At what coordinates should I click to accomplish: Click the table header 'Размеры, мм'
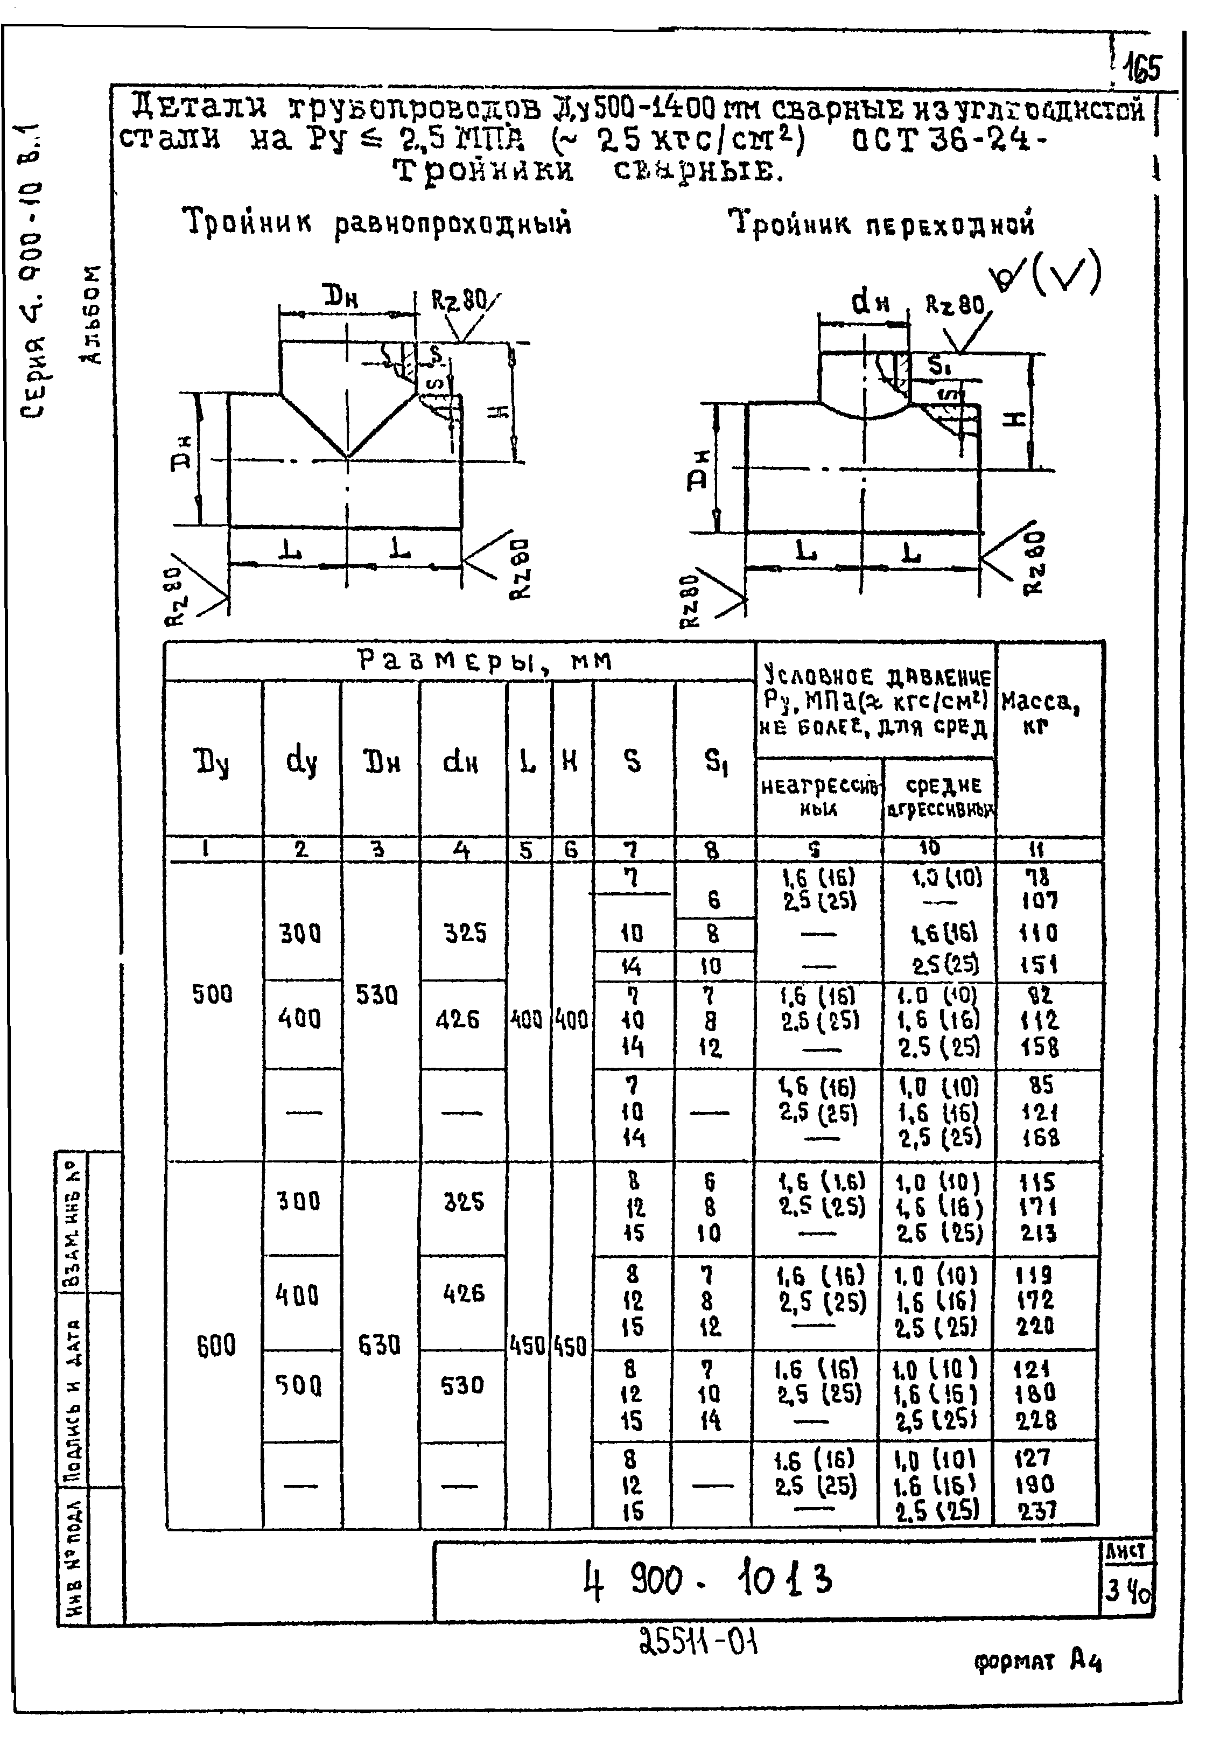483,661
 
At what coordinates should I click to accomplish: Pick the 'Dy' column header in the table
212,763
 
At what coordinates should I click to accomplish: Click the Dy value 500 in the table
212,994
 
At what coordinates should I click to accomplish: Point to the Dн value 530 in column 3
377,995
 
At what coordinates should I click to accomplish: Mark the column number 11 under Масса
1039,849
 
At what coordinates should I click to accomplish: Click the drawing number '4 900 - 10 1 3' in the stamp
709,1579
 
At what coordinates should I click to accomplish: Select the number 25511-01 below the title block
697,1641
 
